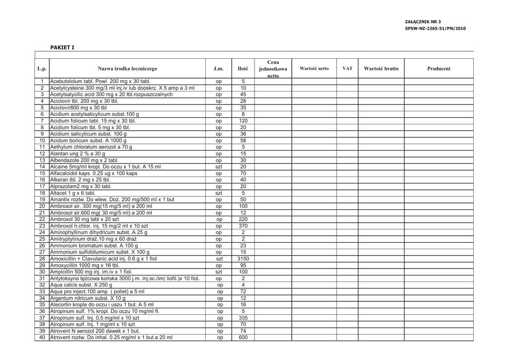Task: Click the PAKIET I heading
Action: [62, 47]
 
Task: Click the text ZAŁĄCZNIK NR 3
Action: [423, 22]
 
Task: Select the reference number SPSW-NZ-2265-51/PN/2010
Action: [435, 28]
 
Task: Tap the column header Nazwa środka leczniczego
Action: [127, 69]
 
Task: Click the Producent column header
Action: [438, 69]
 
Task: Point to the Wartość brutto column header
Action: [381, 69]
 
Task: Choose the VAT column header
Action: [347, 69]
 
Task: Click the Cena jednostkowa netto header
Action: [273, 69]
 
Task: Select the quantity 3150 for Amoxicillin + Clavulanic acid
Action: [243, 259]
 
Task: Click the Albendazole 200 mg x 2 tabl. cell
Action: [84, 160]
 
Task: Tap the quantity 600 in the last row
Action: [243, 338]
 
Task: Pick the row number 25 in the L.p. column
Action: [42, 239]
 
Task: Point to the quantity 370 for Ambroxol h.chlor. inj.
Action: [243, 226]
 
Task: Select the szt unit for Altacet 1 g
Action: [219, 193]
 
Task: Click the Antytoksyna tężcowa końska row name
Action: [125, 278]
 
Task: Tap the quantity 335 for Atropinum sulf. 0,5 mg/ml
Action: [243, 318]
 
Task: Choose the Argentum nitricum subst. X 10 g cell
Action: [88, 298]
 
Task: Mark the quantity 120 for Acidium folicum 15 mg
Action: [243, 121]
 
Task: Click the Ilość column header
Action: [243, 69]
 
